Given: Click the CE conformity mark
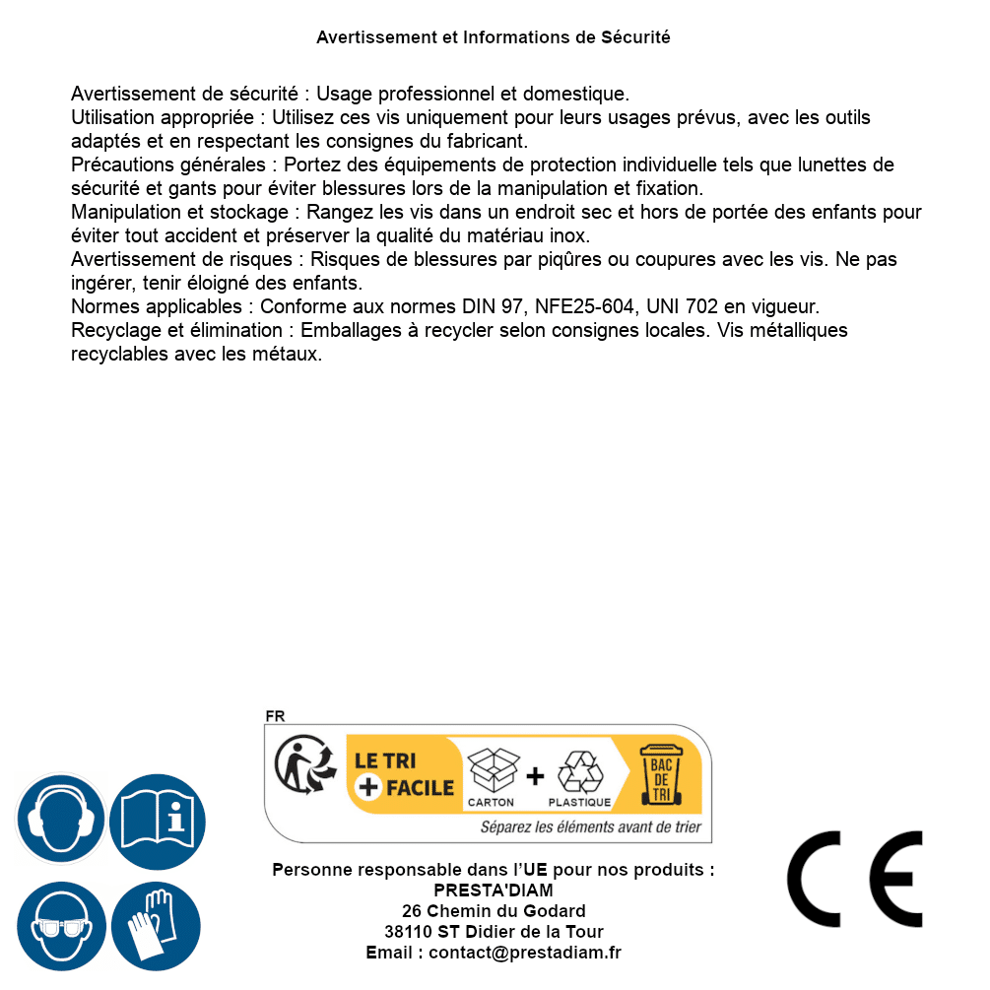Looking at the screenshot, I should (855, 879).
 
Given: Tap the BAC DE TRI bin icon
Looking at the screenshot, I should (660, 777).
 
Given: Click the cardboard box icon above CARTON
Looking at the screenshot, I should (492, 770).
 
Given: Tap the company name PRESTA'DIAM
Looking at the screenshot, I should (494, 891).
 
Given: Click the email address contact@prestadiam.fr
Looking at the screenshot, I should (525, 953).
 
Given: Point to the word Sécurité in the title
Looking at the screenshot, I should (635, 37).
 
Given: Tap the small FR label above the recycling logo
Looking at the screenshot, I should (275, 716).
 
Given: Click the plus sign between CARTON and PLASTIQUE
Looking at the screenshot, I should (535, 776).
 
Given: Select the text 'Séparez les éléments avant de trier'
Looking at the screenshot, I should (591, 827).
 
